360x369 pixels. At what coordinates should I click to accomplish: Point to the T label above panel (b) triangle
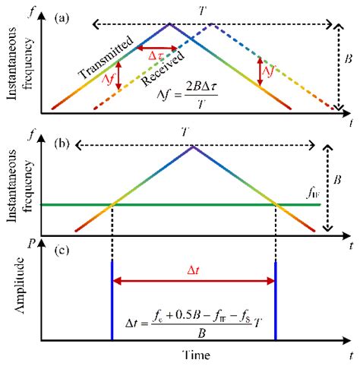[x=193, y=134]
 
